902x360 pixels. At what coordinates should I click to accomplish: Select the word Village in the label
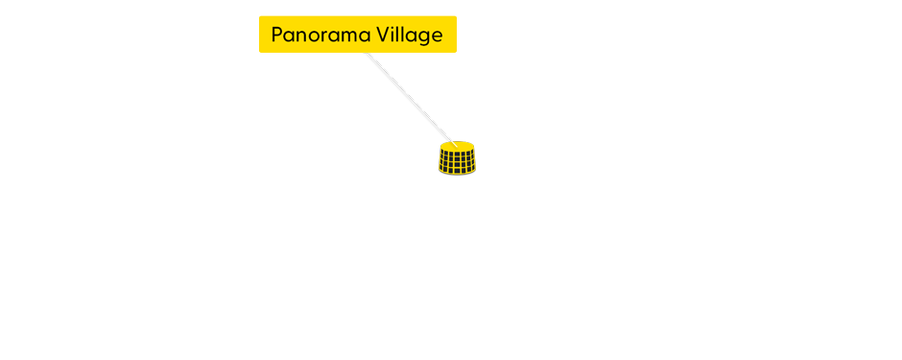coord(411,36)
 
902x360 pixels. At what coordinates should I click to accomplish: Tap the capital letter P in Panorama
coord(278,36)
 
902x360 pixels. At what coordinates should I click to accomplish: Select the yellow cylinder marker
coord(457,157)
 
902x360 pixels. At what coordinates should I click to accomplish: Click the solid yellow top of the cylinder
coord(457,146)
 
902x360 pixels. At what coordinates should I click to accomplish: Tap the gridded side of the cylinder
coord(457,162)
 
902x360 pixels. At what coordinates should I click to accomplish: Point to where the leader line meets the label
coord(368,54)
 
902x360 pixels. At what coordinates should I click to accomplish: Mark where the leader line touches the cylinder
coord(452,142)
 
